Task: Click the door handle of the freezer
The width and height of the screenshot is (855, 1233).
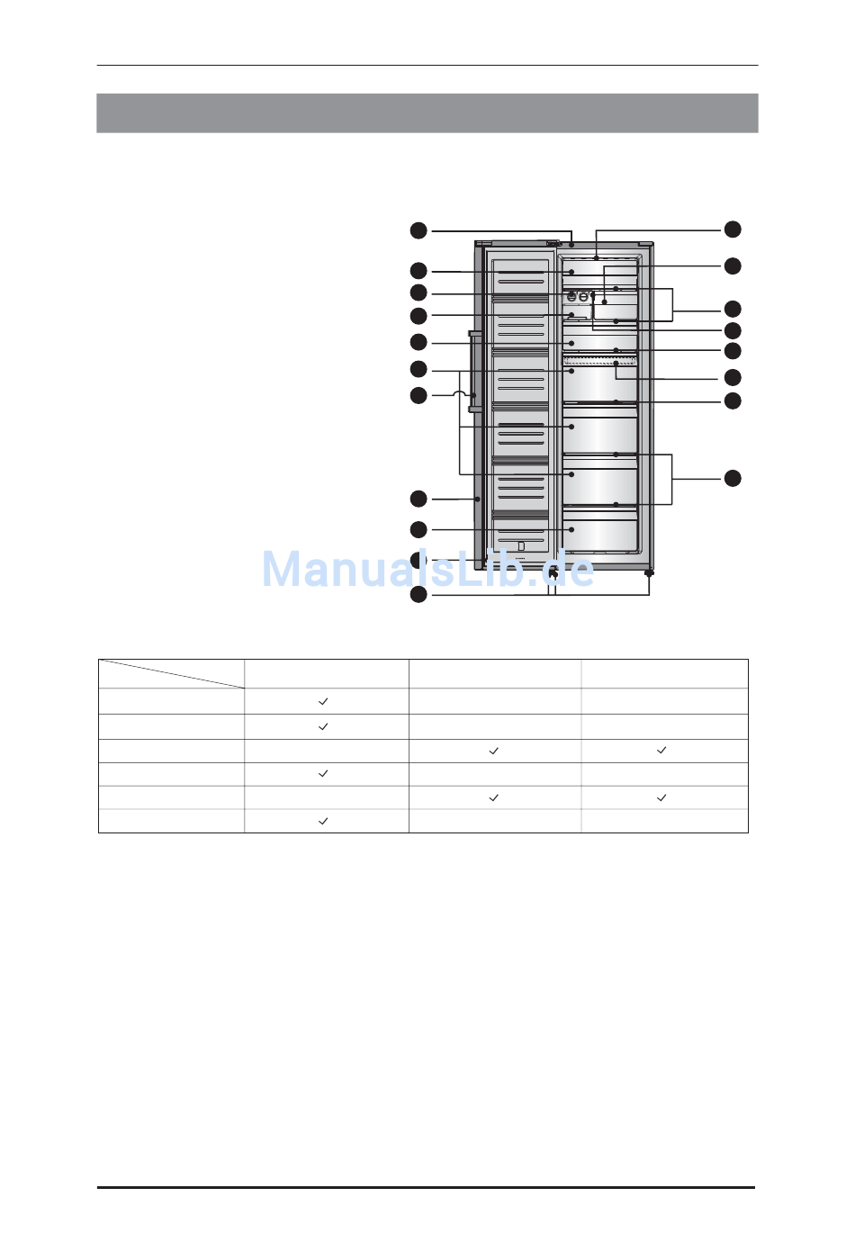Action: click(x=472, y=372)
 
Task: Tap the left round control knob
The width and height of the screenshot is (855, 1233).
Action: click(x=572, y=297)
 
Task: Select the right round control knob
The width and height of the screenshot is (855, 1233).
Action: click(x=583, y=297)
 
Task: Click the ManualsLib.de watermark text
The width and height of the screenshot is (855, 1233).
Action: click(x=427, y=569)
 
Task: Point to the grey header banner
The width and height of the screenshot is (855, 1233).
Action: click(x=427, y=112)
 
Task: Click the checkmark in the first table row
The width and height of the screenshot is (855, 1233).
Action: click(x=323, y=701)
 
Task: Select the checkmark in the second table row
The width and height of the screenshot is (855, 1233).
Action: click(x=323, y=726)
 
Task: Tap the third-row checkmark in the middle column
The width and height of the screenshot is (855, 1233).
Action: click(x=494, y=751)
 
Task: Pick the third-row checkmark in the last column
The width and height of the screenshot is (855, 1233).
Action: click(x=661, y=751)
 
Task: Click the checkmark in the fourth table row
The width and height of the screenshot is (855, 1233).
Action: click(x=323, y=773)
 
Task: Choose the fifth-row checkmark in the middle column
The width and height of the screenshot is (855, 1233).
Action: click(x=494, y=797)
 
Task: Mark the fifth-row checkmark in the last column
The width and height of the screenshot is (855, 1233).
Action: click(x=661, y=797)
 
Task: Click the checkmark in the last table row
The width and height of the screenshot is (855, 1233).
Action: click(x=323, y=822)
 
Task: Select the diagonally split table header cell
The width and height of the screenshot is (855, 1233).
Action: click(x=171, y=674)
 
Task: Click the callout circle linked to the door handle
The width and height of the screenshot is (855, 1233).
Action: click(x=418, y=395)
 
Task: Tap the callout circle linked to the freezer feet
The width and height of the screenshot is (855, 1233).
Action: click(x=418, y=595)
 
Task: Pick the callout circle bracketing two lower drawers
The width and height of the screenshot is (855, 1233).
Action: click(x=733, y=478)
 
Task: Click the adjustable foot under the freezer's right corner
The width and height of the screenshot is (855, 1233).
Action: click(x=649, y=573)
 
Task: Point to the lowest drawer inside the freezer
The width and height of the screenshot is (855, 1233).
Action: click(x=599, y=529)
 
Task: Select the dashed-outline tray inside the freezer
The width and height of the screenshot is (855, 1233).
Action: click(x=599, y=361)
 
